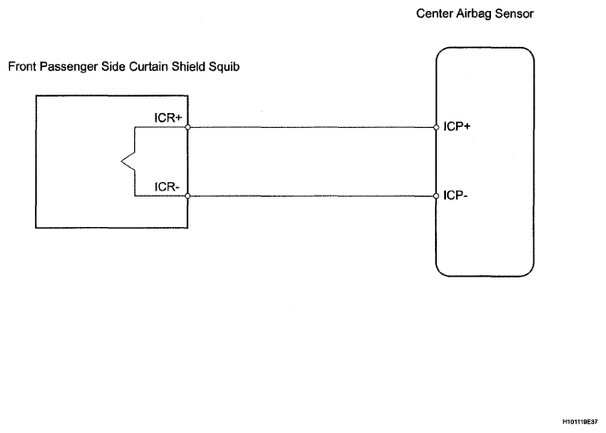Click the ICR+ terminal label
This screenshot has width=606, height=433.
(168, 118)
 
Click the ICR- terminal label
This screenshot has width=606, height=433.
(167, 187)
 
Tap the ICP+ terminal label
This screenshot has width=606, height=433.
(457, 126)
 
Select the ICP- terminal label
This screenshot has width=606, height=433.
(456, 196)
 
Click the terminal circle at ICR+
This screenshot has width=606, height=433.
(188, 127)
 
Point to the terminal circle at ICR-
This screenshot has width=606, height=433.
(188, 196)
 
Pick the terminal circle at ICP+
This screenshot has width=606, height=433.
(436, 127)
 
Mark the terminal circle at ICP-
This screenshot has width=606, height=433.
(436, 196)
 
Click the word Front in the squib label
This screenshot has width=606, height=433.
(22, 66)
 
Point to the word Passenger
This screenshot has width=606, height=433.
(69, 67)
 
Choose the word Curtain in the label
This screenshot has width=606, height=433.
(148, 66)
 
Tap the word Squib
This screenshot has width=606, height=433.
(224, 67)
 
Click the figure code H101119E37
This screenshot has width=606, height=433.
(580, 422)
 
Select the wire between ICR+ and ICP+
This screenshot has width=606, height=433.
(312, 127)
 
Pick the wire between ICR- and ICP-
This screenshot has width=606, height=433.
(312, 196)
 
